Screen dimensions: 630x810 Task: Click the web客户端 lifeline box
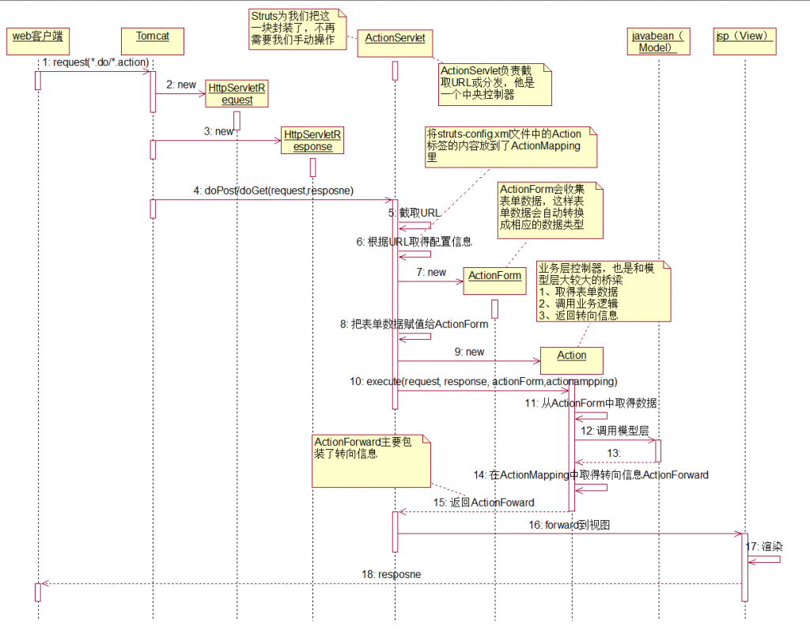(37, 41)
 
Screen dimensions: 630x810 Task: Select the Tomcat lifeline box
(153, 41)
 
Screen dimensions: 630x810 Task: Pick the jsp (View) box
(744, 41)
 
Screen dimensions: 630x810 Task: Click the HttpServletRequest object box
(237, 94)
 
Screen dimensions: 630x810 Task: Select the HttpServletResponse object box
(312, 141)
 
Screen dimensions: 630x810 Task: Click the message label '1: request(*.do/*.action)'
(95, 62)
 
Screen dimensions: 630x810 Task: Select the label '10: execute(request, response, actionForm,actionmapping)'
(483, 382)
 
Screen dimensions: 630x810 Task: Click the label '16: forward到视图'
(569, 525)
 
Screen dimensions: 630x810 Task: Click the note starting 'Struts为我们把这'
(297, 28)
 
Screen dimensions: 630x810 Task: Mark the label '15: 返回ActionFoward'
(483, 503)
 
